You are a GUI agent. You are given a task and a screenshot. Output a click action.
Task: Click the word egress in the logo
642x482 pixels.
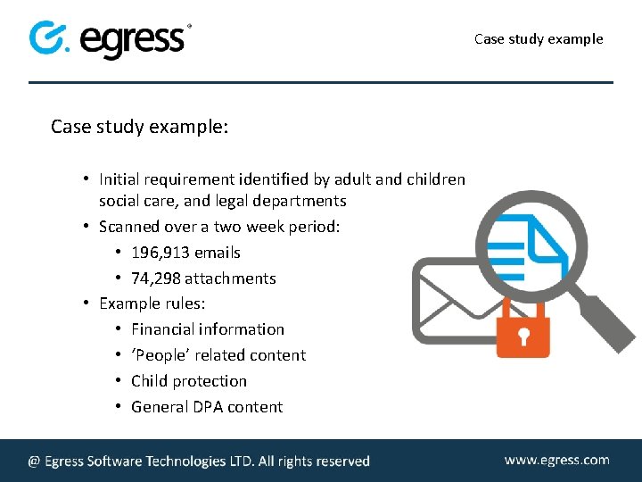[x=134, y=40]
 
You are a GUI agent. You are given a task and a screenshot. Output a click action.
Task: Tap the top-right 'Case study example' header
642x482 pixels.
[x=539, y=38]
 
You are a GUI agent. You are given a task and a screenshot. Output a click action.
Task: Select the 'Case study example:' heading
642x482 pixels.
[x=139, y=127]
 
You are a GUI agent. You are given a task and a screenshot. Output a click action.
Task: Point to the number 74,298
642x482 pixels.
[x=156, y=278]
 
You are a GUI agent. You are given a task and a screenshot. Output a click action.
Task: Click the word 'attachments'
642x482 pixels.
[x=230, y=278]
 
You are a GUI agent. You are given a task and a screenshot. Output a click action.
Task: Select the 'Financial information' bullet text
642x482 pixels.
[x=207, y=329]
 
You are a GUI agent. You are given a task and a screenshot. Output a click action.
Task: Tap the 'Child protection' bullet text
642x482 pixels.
[x=188, y=381]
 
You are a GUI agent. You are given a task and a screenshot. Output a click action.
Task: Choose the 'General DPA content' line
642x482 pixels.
[x=206, y=407]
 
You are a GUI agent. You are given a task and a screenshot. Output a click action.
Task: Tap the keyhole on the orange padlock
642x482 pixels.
[x=523, y=337]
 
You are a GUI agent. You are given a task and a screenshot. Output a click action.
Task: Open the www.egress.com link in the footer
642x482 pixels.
[x=556, y=461]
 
